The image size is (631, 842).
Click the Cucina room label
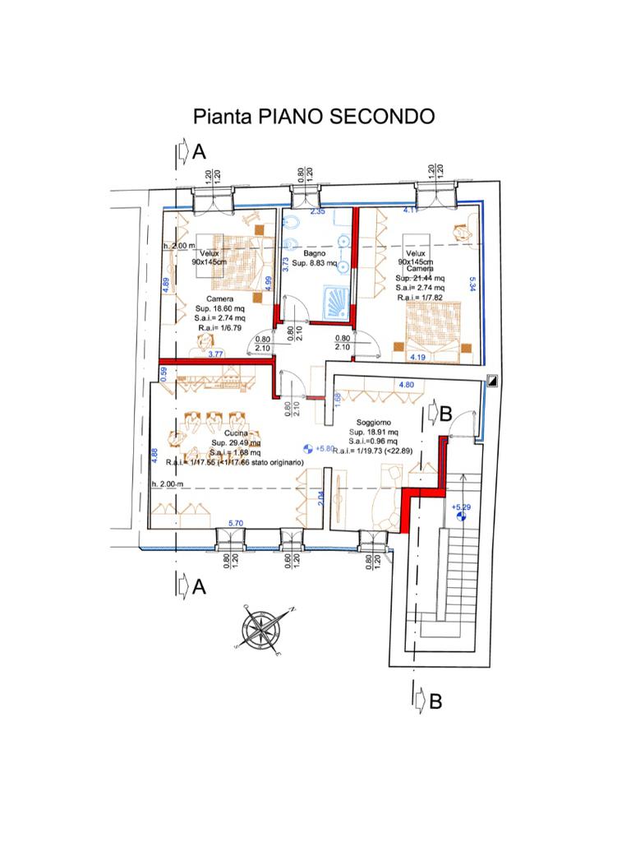[236, 432]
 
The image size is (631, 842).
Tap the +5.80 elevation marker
[320, 450]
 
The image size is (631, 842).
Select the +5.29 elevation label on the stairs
[461, 507]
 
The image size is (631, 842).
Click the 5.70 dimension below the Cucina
[235, 523]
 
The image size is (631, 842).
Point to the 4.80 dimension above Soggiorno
[406, 384]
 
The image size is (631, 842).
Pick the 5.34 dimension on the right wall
[472, 284]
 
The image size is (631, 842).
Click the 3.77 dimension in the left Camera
[216, 354]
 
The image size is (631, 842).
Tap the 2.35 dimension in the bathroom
[317, 212]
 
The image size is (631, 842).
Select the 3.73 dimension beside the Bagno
[286, 265]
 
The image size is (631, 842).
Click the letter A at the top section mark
[199, 152]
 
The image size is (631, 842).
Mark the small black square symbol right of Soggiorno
[492, 381]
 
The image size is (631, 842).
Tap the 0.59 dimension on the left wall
[164, 371]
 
